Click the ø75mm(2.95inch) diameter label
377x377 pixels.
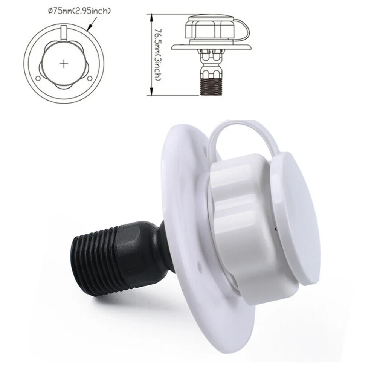(x=79, y=11)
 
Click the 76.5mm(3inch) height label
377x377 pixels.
(x=157, y=55)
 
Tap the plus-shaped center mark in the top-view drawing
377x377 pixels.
(x=64, y=64)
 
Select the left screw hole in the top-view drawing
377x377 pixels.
(x=38, y=79)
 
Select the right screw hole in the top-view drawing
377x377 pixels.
(x=89, y=78)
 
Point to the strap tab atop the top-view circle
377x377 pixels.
(x=64, y=33)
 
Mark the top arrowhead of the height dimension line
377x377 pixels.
(x=151, y=17)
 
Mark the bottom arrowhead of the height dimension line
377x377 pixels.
(x=151, y=92)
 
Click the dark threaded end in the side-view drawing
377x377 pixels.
(x=211, y=86)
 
